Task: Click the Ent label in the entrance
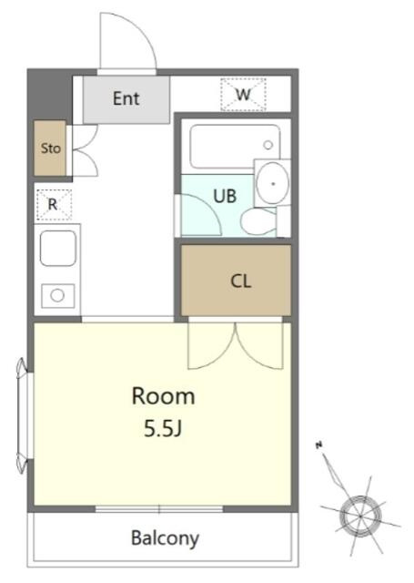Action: pos(126,98)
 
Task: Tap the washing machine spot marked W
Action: pos(243,95)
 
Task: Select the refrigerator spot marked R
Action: pos(53,204)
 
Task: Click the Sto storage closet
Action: pos(50,148)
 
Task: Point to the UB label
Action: pos(225,196)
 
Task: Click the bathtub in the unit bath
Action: pos(235,147)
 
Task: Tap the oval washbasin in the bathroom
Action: pos(273,183)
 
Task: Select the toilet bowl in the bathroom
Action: pos(258,221)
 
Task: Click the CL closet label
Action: pos(240,281)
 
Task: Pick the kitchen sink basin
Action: pos(58,248)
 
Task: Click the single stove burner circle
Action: pos(57,295)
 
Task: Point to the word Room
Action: pos(164,396)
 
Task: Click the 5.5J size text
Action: pos(163,429)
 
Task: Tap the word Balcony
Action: pos(166,538)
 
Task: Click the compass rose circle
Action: pos(360,517)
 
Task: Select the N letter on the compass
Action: pos(318,445)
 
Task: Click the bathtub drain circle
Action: pos(268,145)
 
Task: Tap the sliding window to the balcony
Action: pos(159,509)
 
